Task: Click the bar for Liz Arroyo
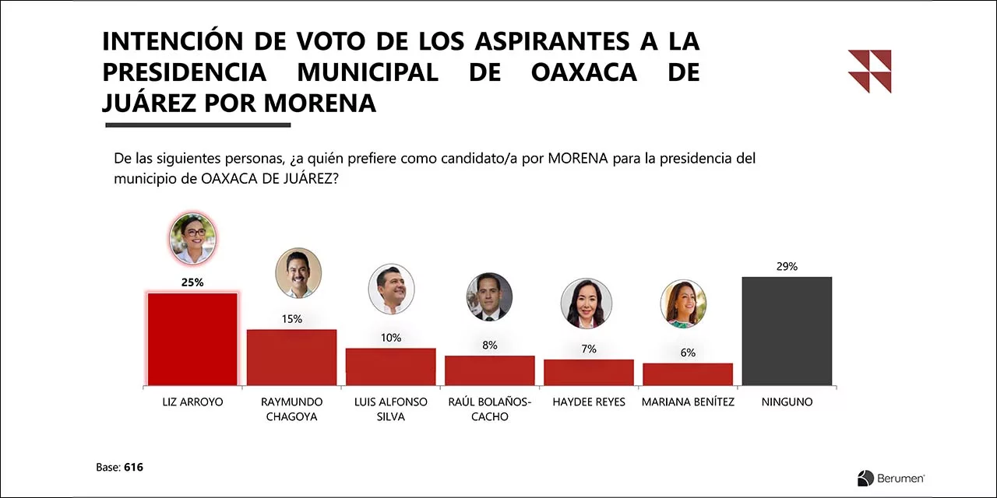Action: (x=192, y=339)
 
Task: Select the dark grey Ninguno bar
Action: (x=787, y=331)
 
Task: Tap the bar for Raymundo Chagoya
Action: (x=291, y=357)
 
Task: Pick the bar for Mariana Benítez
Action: (x=688, y=374)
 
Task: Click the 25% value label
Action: (x=192, y=282)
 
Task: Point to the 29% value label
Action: (x=787, y=266)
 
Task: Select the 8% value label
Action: (x=490, y=345)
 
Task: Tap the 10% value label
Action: (x=391, y=338)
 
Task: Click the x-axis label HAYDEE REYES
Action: (x=589, y=402)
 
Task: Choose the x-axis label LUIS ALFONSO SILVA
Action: (x=391, y=409)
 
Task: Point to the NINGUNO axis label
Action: (x=787, y=402)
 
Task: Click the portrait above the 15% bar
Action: (x=298, y=272)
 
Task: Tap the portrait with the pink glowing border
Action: (x=192, y=239)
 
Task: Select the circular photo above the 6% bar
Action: (x=683, y=304)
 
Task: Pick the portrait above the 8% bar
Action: (x=489, y=297)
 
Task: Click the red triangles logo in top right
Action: (x=870, y=71)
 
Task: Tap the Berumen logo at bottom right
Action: (x=891, y=478)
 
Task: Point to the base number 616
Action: (x=133, y=468)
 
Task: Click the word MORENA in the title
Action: (x=320, y=103)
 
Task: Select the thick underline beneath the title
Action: (x=198, y=125)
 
